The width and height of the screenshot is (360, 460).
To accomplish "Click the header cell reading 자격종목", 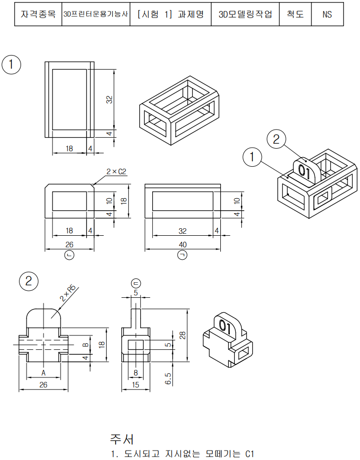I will (38, 15).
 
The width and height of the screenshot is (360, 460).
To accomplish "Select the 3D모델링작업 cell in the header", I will (245, 15).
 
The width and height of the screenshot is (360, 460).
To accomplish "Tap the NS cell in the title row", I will (327, 15).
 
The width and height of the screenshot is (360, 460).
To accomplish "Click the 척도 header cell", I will (295, 15).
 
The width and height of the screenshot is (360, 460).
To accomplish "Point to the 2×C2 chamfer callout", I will (116, 172).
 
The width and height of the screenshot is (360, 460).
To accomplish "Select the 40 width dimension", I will (183, 244).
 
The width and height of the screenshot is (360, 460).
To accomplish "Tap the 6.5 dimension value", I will (169, 378).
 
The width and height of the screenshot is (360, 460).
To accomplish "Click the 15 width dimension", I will (135, 385).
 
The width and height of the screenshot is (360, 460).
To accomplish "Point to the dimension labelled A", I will (44, 373).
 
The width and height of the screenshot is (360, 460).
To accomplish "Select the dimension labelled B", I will (86, 344).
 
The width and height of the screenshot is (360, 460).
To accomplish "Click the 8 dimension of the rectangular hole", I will (135, 372).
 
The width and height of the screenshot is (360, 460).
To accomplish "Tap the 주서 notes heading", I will (122, 439).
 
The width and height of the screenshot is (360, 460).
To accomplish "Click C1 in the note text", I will (250, 454).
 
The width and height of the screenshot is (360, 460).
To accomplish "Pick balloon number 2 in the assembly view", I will (276, 139).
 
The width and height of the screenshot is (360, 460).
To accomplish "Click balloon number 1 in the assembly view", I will (252, 157).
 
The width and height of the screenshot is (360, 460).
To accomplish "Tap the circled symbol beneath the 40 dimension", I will (183, 256).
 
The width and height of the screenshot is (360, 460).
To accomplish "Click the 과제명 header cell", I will (171, 15).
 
